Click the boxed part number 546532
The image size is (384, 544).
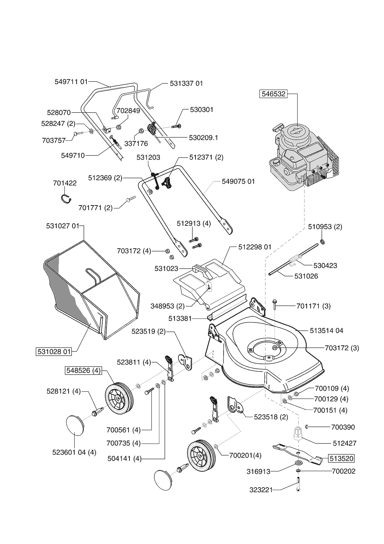[273, 94]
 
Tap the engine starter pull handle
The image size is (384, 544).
[278, 127]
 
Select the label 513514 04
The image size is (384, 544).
[326, 331]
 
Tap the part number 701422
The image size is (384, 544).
[65, 183]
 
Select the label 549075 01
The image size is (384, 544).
[238, 181]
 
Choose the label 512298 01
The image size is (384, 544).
[255, 247]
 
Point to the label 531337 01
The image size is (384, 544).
[186, 83]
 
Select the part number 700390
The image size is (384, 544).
[343, 427]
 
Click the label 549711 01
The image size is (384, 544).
[71, 82]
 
